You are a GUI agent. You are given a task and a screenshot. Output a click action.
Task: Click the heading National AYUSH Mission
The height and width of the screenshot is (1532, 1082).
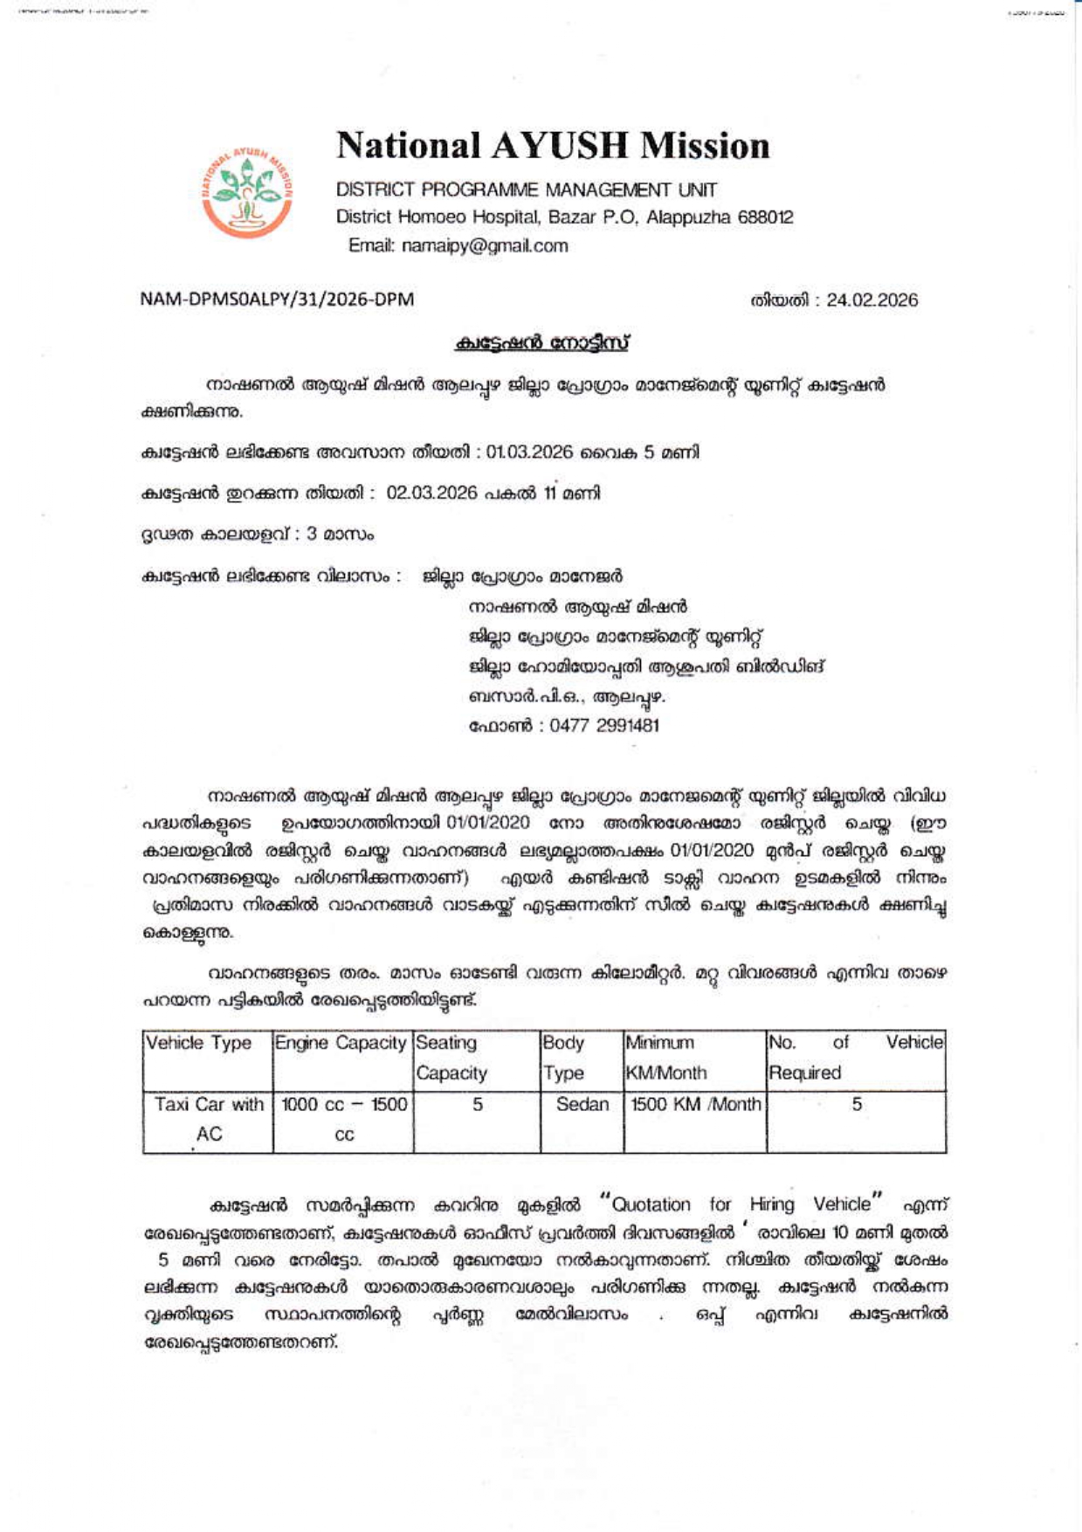click(553, 146)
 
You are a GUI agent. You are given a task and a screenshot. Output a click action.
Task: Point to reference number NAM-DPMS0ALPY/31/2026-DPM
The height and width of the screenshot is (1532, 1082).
click(277, 300)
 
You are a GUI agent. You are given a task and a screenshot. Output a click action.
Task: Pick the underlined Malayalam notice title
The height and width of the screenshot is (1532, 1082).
click(541, 343)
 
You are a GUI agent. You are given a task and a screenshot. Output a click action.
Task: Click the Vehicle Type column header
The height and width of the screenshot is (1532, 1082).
click(199, 1043)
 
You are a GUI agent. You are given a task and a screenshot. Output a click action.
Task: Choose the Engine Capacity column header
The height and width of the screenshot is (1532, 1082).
click(341, 1043)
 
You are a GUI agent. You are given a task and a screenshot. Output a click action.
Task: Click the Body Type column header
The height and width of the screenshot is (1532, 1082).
click(563, 1058)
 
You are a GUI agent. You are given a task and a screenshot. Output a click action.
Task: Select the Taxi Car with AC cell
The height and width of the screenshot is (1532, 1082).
click(209, 1119)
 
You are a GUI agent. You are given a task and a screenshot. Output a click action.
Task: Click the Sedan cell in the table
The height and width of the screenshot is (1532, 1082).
click(582, 1105)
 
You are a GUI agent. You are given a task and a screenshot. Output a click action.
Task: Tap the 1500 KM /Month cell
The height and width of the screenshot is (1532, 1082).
click(695, 1105)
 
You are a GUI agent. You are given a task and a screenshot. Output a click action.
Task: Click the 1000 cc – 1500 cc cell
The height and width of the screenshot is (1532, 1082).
click(344, 1119)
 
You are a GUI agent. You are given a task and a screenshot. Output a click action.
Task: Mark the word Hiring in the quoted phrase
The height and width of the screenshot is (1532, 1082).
click(772, 1204)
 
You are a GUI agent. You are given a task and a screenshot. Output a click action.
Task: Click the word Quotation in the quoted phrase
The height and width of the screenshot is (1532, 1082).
click(651, 1204)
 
